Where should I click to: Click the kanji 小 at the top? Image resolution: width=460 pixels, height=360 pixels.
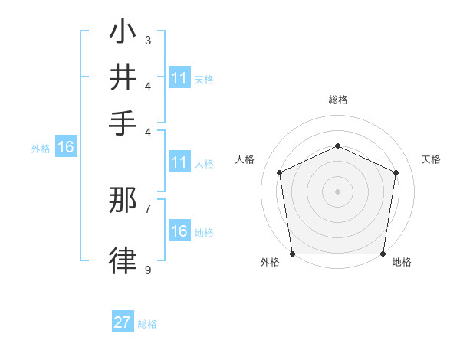pyautogui.click(x=123, y=33)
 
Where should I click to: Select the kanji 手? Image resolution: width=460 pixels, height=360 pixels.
pyautogui.click(x=123, y=123)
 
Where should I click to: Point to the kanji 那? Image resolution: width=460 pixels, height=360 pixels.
pyautogui.click(x=123, y=201)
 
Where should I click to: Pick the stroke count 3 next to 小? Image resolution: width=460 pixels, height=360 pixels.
pyautogui.click(x=148, y=39)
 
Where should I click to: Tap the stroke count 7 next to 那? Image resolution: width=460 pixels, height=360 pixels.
pyautogui.click(x=148, y=208)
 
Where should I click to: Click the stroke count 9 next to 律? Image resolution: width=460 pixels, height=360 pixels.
pyautogui.click(x=148, y=270)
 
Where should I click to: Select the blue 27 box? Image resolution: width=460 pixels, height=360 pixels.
pyautogui.click(x=123, y=322)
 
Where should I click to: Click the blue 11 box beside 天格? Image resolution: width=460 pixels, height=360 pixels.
pyautogui.click(x=179, y=78)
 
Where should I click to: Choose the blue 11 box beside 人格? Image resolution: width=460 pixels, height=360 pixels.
pyautogui.click(x=179, y=162)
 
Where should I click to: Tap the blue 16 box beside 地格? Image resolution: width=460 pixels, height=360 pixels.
pyautogui.click(x=179, y=231)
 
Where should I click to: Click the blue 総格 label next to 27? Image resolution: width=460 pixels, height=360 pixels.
pyautogui.click(x=147, y=324)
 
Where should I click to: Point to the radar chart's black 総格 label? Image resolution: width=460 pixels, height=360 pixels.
pyautogui.click(x=337, y=100)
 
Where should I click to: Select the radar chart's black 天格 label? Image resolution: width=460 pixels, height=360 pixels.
pyautogui.click(x=431, y=159)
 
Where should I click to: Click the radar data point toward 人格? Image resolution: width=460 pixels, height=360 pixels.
pyautogui.click(x=280, y=172)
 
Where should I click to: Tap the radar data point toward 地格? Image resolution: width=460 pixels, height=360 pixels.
pyautogui.click(x=383, y=254)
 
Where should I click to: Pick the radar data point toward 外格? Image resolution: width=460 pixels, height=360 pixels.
pyautogui.click(x=292, y=254)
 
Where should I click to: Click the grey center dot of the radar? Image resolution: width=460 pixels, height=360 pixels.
pyautogui.click(x=337, y=191)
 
